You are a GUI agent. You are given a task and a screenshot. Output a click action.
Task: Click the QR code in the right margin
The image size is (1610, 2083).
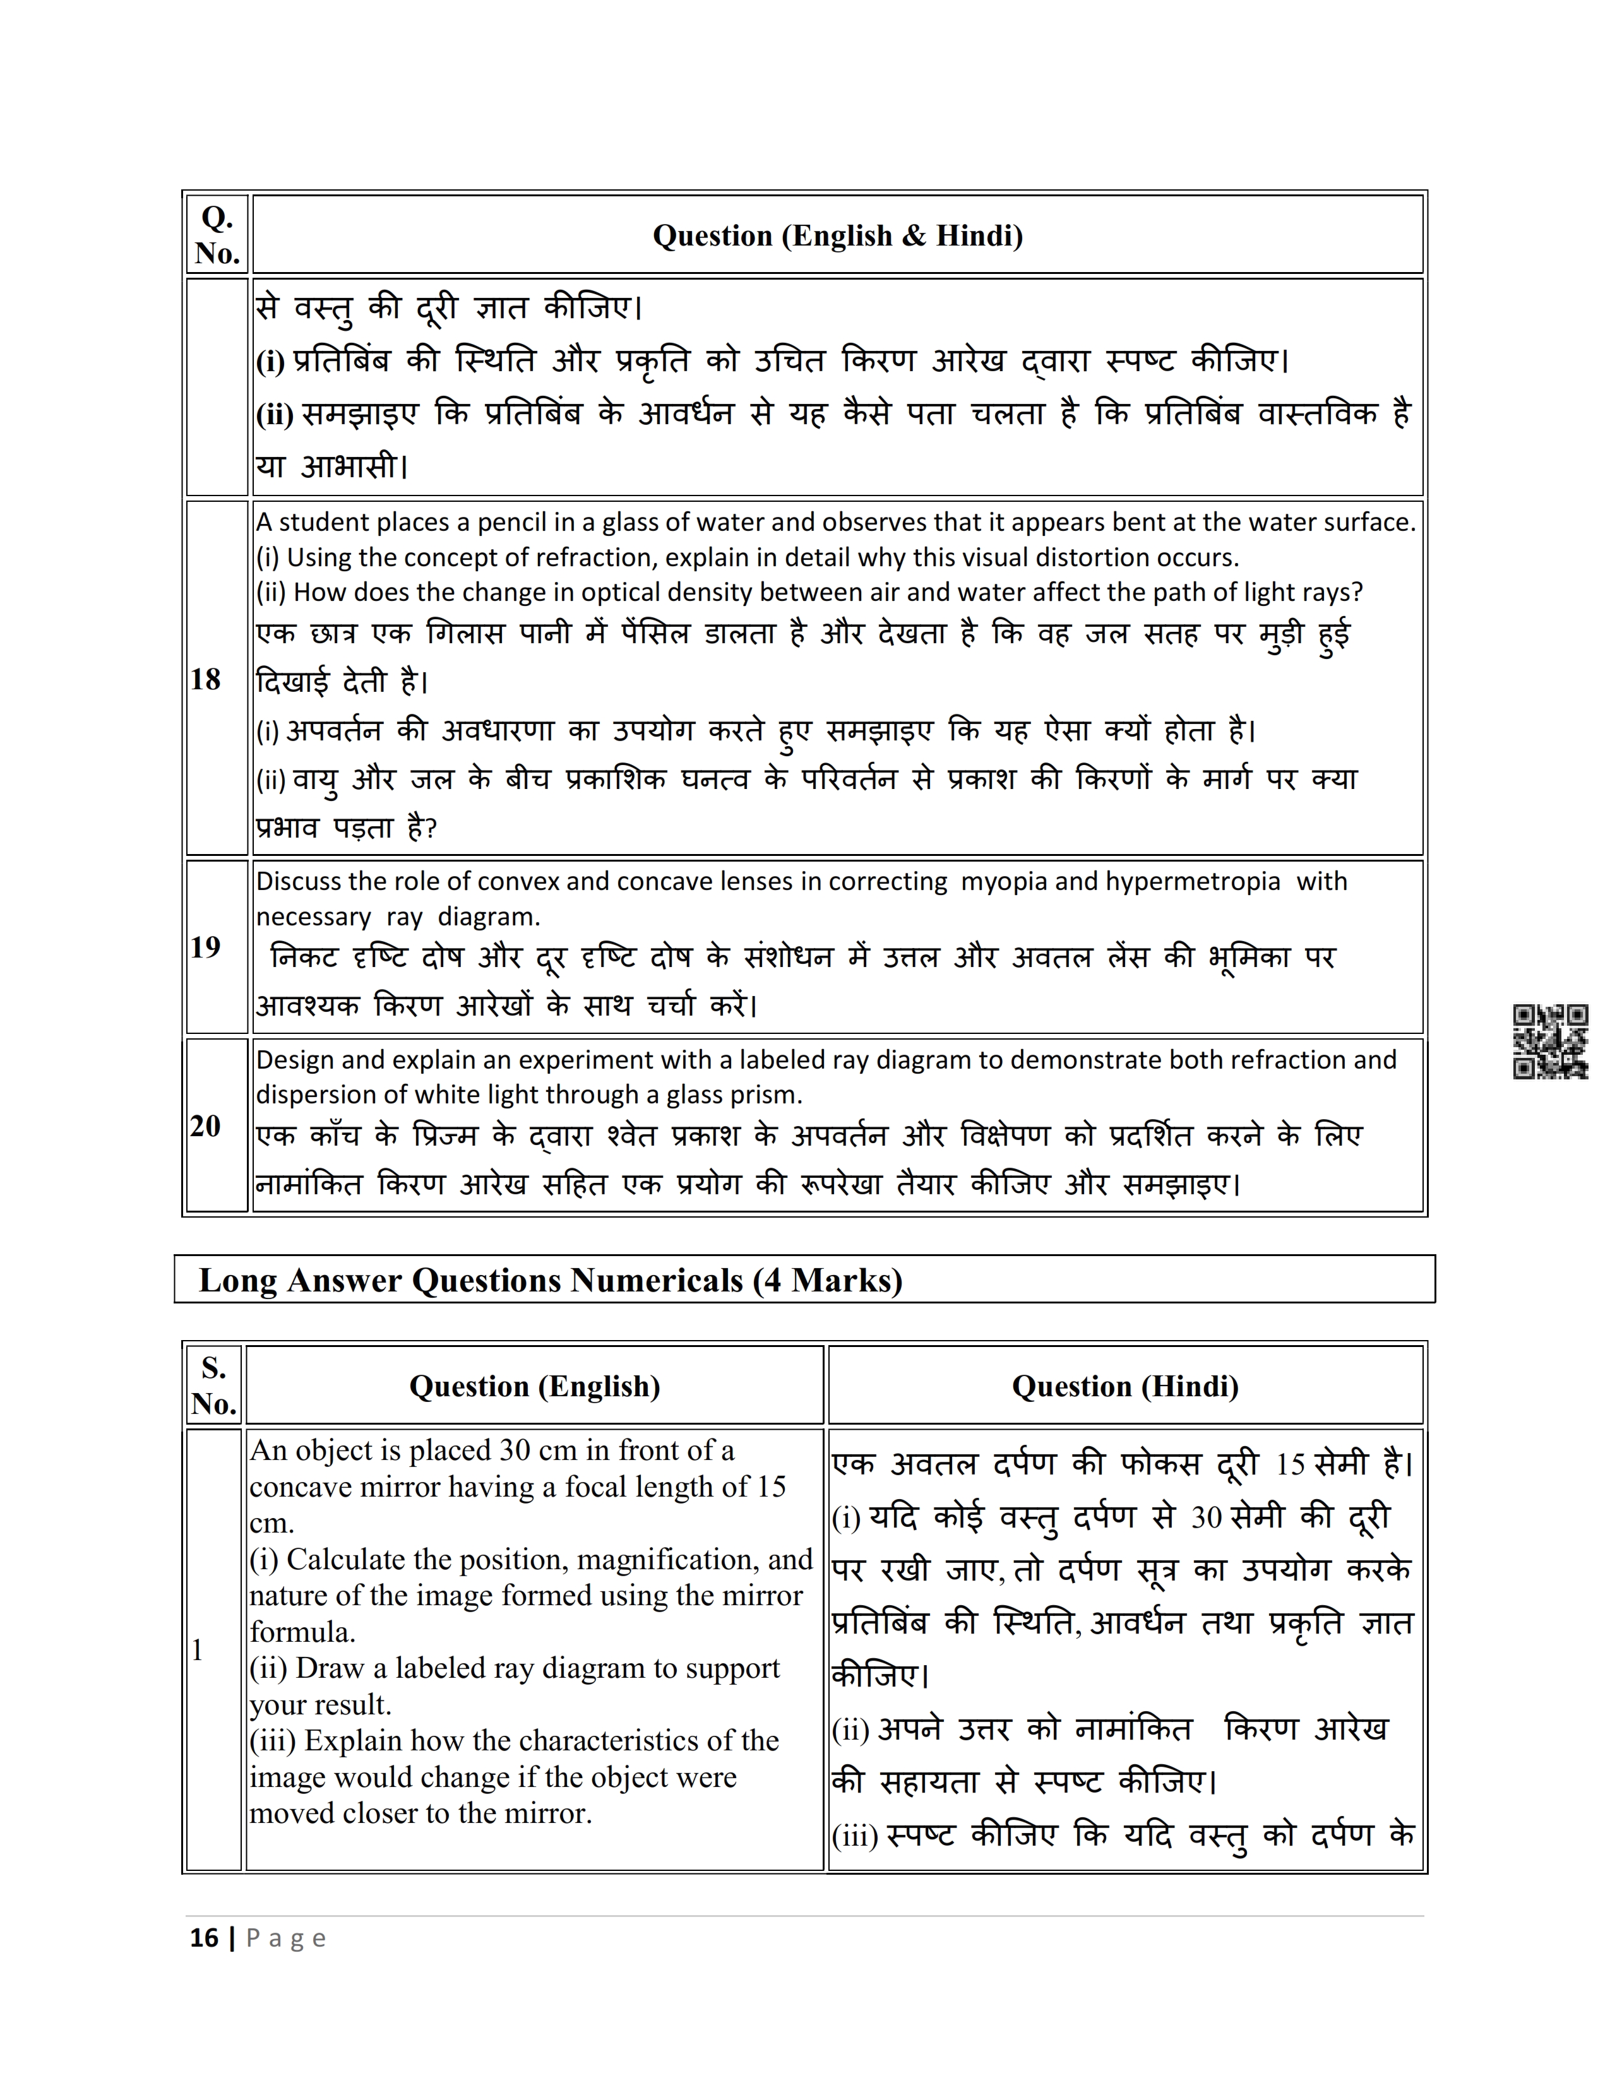pyautogui.click(x=1550, y=1041)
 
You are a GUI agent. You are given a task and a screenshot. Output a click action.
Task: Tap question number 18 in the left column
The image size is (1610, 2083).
pyautogui.click(x=205, y=679)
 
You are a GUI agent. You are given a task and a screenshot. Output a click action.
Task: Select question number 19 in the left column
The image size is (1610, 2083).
pyautogui.click(x=205, y=947)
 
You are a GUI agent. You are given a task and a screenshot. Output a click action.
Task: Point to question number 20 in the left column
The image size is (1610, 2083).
pyautogui.click(x=205, y=1126)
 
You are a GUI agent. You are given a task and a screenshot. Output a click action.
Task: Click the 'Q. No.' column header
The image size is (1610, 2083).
pyautogui.click(x=217, y=235)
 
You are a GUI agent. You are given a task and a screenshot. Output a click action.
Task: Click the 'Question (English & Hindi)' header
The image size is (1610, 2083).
pyautogui.click(x=837, y=235)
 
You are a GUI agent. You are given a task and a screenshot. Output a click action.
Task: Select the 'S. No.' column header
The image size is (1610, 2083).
pyautogui.click(x=213, y=1386)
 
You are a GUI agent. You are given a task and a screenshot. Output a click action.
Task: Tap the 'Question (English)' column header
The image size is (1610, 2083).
pyautogui.click(x=534, y=1386)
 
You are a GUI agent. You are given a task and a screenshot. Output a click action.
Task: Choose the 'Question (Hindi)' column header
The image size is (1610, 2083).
pyautogui.click(x=1126, y=1386)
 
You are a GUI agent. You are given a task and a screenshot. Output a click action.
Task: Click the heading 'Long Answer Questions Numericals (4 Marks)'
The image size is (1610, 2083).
pyautogui.click(x=551, y=1280)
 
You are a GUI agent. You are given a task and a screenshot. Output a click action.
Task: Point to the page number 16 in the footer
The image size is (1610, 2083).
pyautogui.click(x=204, y=1938)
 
